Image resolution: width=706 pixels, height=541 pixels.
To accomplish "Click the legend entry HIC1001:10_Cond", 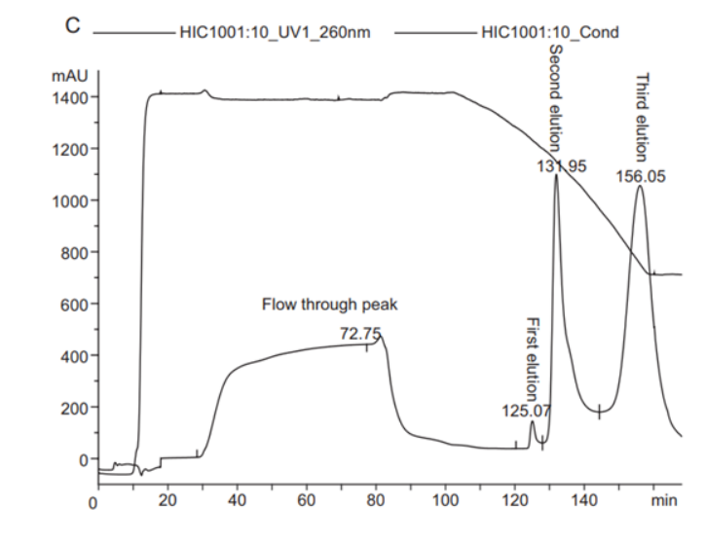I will click(x=548, y=32).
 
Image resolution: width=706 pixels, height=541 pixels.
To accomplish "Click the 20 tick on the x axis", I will click(x=167, y=501).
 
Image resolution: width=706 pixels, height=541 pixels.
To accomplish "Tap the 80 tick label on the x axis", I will click(x=376, y=501).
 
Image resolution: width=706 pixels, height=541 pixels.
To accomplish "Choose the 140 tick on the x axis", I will click(x=586, y=501).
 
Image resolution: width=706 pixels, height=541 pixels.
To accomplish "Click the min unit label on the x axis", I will click(x=663, y=501).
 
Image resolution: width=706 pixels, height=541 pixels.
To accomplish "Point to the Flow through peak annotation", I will click(x=329, y=305).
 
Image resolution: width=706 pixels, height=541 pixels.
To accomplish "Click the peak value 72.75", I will click(x=360, y=334).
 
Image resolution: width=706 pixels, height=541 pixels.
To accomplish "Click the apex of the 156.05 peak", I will click(x=640, y=187).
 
